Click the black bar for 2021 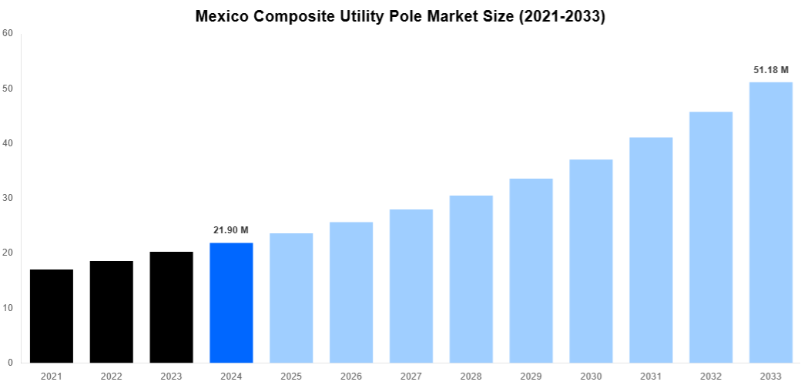52,316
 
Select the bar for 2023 171,307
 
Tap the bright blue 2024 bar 231,303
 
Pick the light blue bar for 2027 411,286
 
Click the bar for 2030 591,261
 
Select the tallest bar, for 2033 771,223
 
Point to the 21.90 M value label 231,230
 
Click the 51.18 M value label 771,70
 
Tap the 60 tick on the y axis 8,33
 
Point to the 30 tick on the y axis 8,198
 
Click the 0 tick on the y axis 10,363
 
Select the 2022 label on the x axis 111,376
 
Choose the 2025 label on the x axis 291,376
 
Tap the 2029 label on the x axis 531,376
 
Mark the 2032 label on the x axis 711,376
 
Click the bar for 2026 351,293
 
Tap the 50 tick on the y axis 8,89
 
